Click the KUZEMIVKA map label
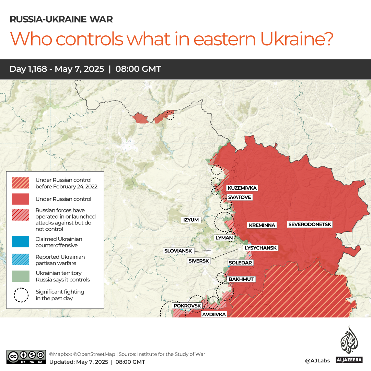242,188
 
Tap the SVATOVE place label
239,197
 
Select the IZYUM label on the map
191,220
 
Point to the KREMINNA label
262,225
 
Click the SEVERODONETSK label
310,224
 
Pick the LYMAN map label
224,237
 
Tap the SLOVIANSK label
178,251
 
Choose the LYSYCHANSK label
260,248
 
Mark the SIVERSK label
199,261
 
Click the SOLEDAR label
240,263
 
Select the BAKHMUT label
241,279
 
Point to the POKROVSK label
187,305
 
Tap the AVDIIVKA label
213,314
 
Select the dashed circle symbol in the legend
21,295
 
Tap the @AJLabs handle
317,360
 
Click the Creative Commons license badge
26,357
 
